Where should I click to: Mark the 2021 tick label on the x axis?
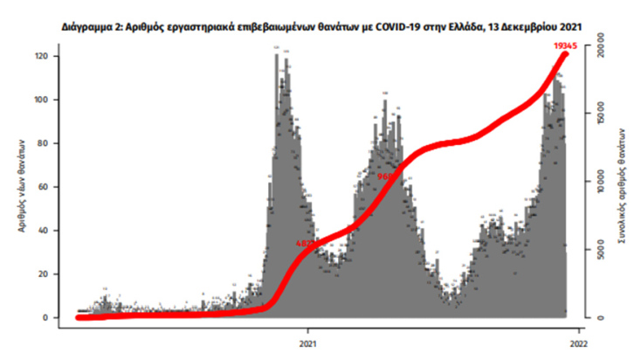pos(308,343)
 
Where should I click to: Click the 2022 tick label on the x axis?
pos(579,343)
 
